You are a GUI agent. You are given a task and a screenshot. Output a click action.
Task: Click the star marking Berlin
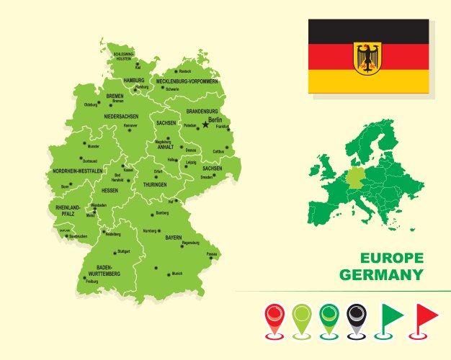click(205, 124)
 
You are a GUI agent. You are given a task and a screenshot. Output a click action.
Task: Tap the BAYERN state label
click(173, 237)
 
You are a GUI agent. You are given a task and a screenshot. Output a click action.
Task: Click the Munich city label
click(177, 274)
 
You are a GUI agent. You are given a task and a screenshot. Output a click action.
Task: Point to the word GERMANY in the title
click(380, 275)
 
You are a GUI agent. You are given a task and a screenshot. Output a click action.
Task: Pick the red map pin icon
click(275, 319)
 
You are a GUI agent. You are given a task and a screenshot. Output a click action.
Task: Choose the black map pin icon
click(357, 319)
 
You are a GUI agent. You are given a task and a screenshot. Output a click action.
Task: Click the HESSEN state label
click(110, 190)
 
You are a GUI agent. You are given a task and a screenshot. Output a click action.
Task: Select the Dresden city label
click(207, 176)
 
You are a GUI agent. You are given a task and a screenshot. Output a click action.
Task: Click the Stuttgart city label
click(123, 251)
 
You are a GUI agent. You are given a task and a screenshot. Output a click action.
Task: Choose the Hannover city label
click(130, 125)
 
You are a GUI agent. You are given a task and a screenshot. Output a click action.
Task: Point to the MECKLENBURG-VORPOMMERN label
click(187, 81)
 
